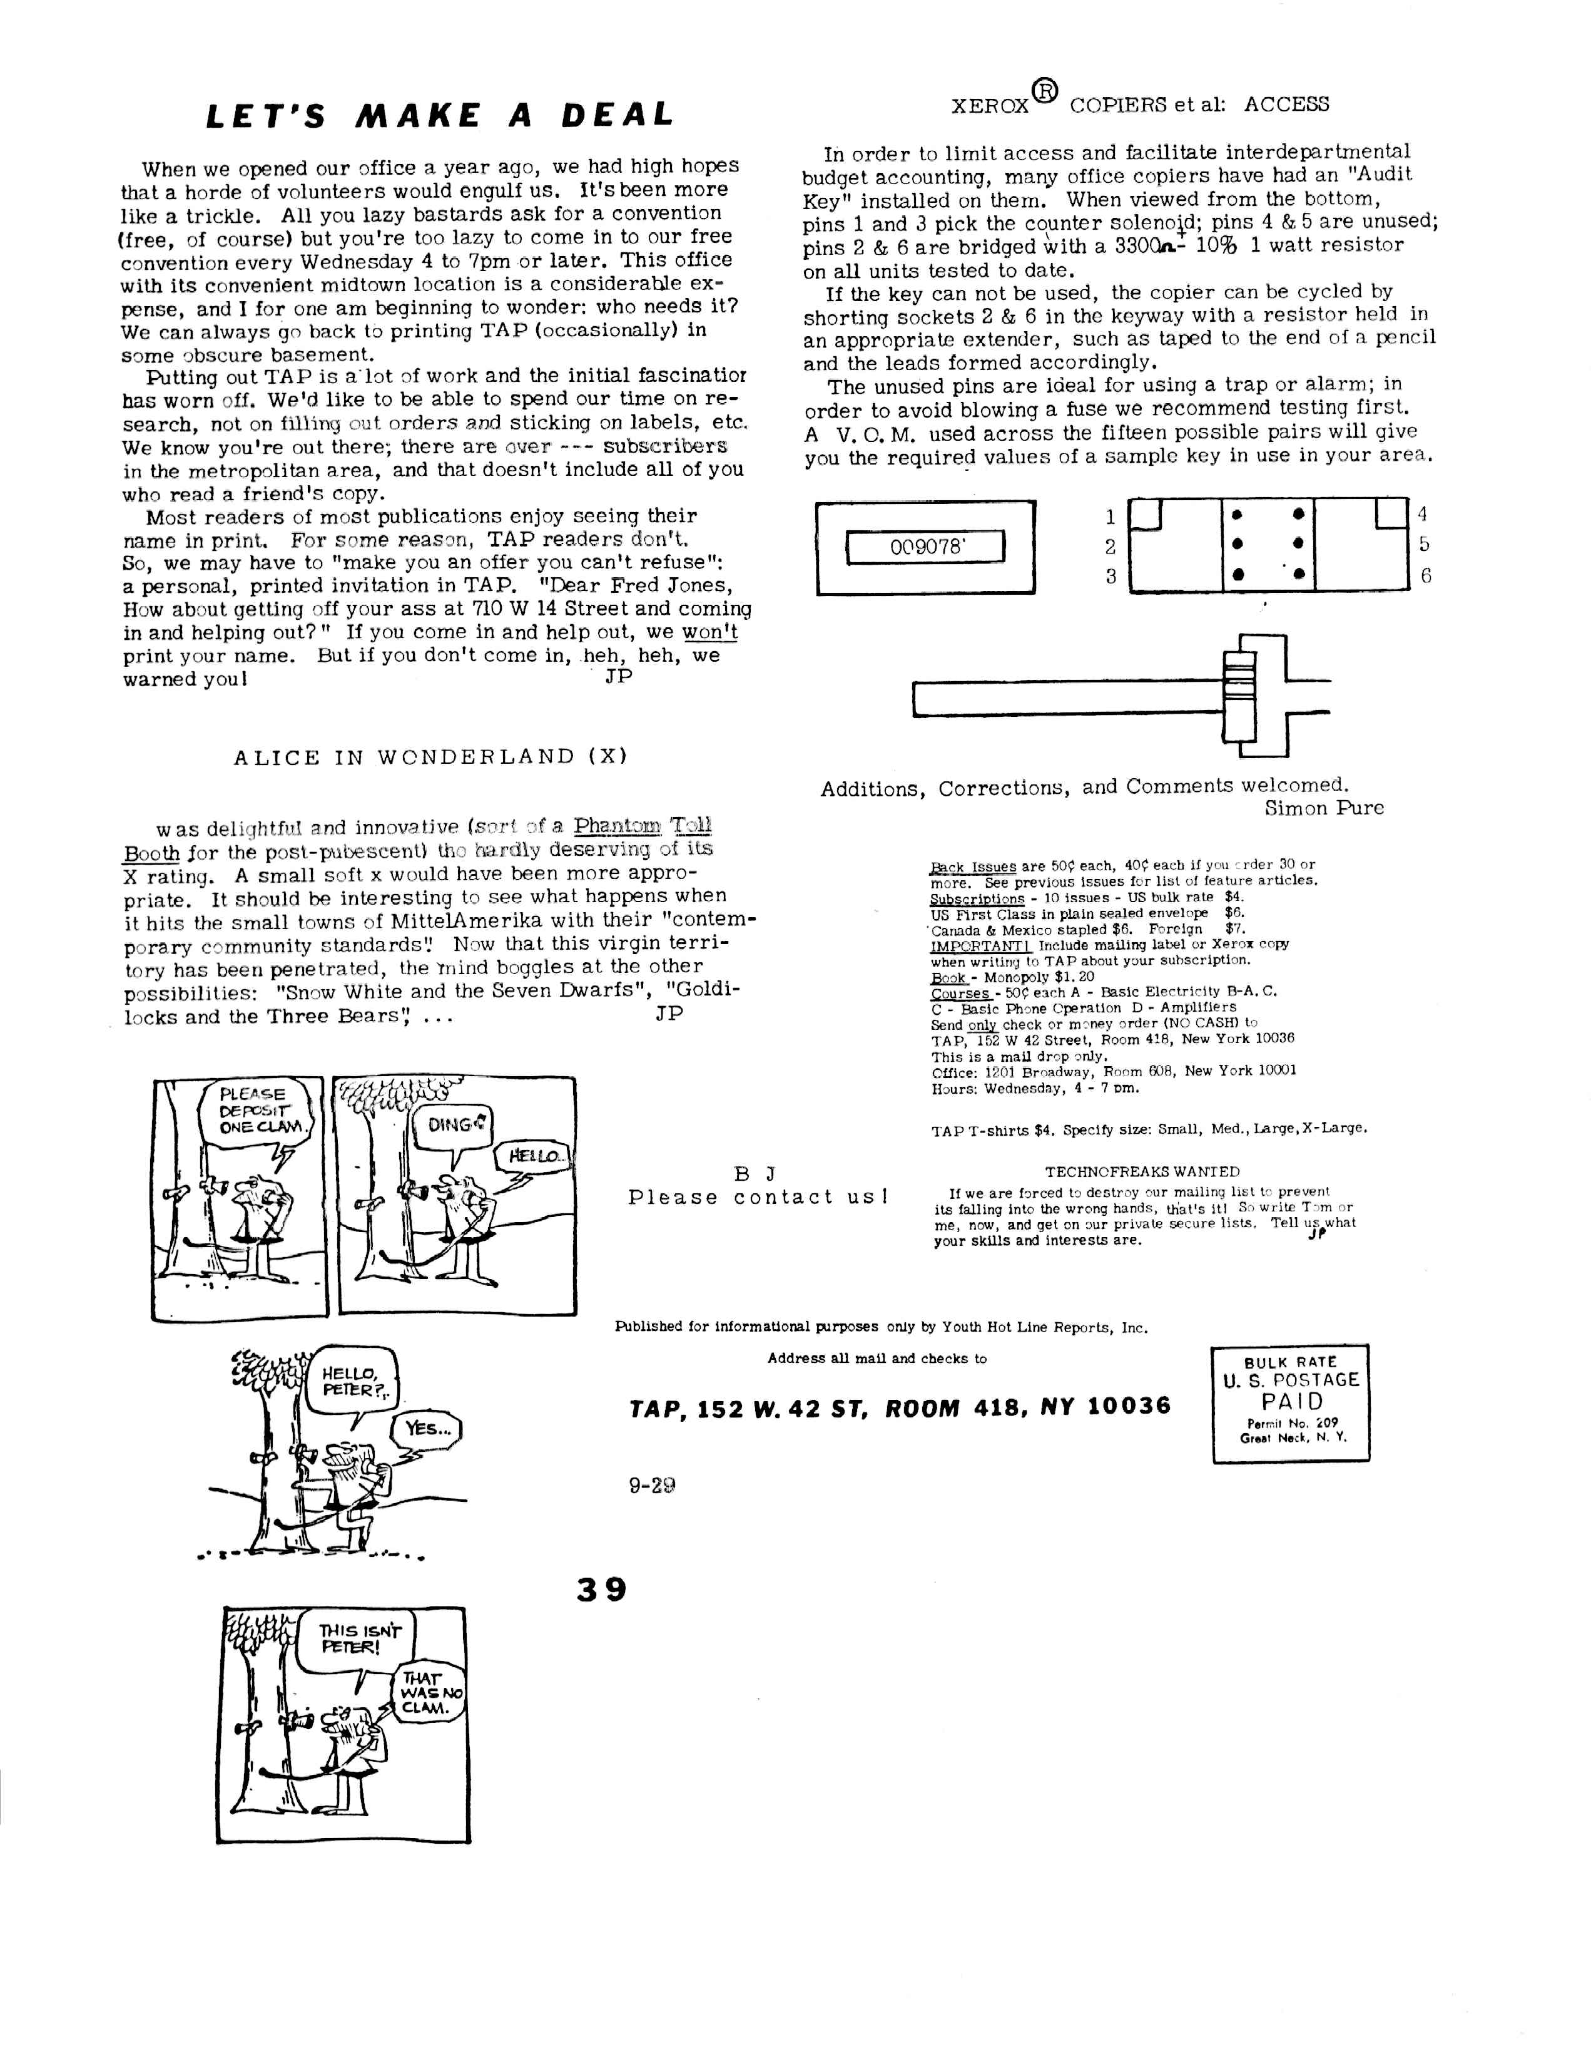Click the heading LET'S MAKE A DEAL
(439, 115)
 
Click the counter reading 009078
(925, 547)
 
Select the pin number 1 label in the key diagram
(1111, 517)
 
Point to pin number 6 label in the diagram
(1425, 575)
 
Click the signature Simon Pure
(1323, 808)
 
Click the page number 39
(601, 1589)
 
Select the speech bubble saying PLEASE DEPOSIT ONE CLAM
(254, 1111)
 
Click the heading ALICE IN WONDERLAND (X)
(431, 757)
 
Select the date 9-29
(651, 1486)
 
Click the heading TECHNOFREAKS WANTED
(1142, 1172)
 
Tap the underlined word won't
(709, 632)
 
